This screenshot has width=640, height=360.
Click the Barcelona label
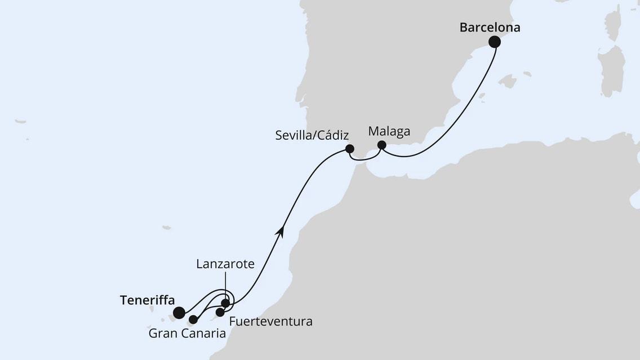490,27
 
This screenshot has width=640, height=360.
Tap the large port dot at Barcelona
495,42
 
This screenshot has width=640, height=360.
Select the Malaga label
389,131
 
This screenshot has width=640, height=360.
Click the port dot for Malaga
381,145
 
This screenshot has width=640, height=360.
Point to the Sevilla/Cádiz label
312,135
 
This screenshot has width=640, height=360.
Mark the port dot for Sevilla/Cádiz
349,149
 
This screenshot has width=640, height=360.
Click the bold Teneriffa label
147,300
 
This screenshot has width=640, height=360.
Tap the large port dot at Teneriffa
179,313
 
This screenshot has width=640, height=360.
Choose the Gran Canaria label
187,334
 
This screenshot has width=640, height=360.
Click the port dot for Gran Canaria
193,319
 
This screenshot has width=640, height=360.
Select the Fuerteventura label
270,322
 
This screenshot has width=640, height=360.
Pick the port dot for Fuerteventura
220,312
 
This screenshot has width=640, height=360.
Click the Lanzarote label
225,264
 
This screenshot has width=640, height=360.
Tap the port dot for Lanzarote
225,304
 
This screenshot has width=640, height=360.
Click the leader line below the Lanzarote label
225,285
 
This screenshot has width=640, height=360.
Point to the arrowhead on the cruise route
280,230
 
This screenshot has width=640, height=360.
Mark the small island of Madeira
166,228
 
